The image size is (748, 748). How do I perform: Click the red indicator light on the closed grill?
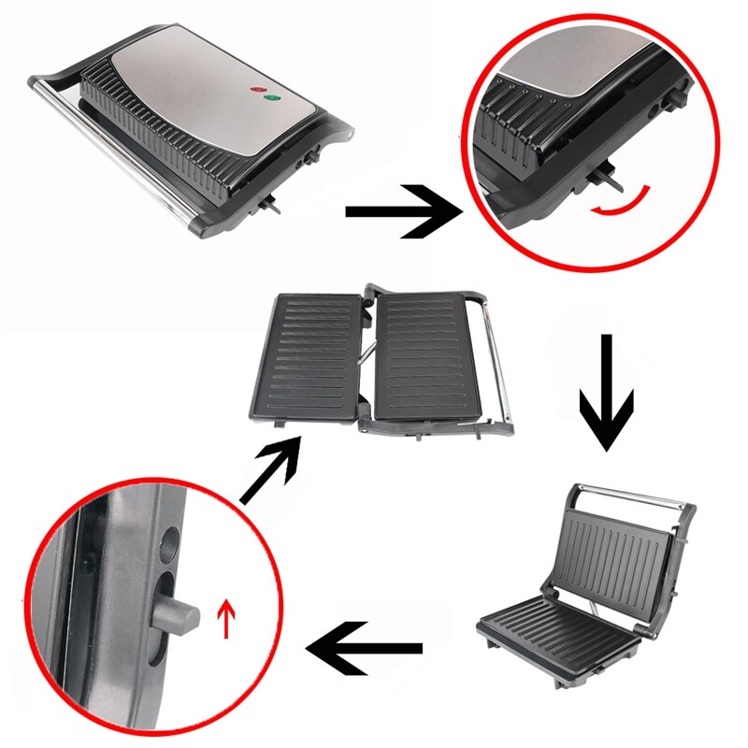256,89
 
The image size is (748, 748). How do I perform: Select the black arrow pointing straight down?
606,393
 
